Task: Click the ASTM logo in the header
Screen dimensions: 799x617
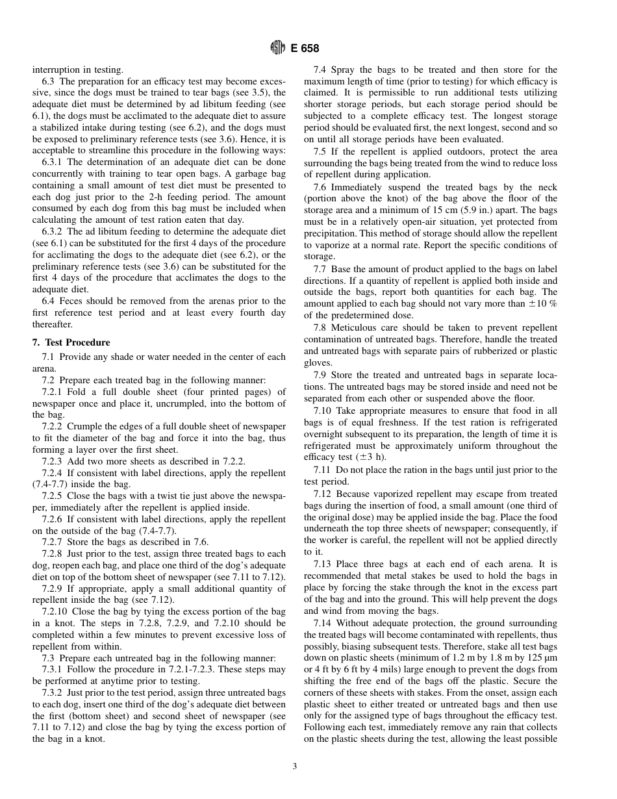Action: coord(277,48)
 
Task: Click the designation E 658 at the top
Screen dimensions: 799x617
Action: coord(305,48)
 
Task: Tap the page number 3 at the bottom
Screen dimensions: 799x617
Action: coord(294,766)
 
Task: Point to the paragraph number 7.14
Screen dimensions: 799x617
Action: coord(322,623)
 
